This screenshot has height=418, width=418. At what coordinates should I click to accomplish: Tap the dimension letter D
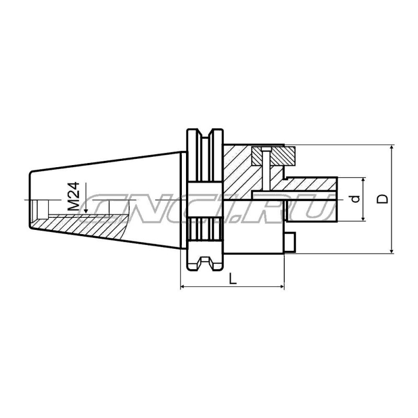(382, 199)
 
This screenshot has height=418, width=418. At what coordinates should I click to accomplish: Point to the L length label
(233, 278)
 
